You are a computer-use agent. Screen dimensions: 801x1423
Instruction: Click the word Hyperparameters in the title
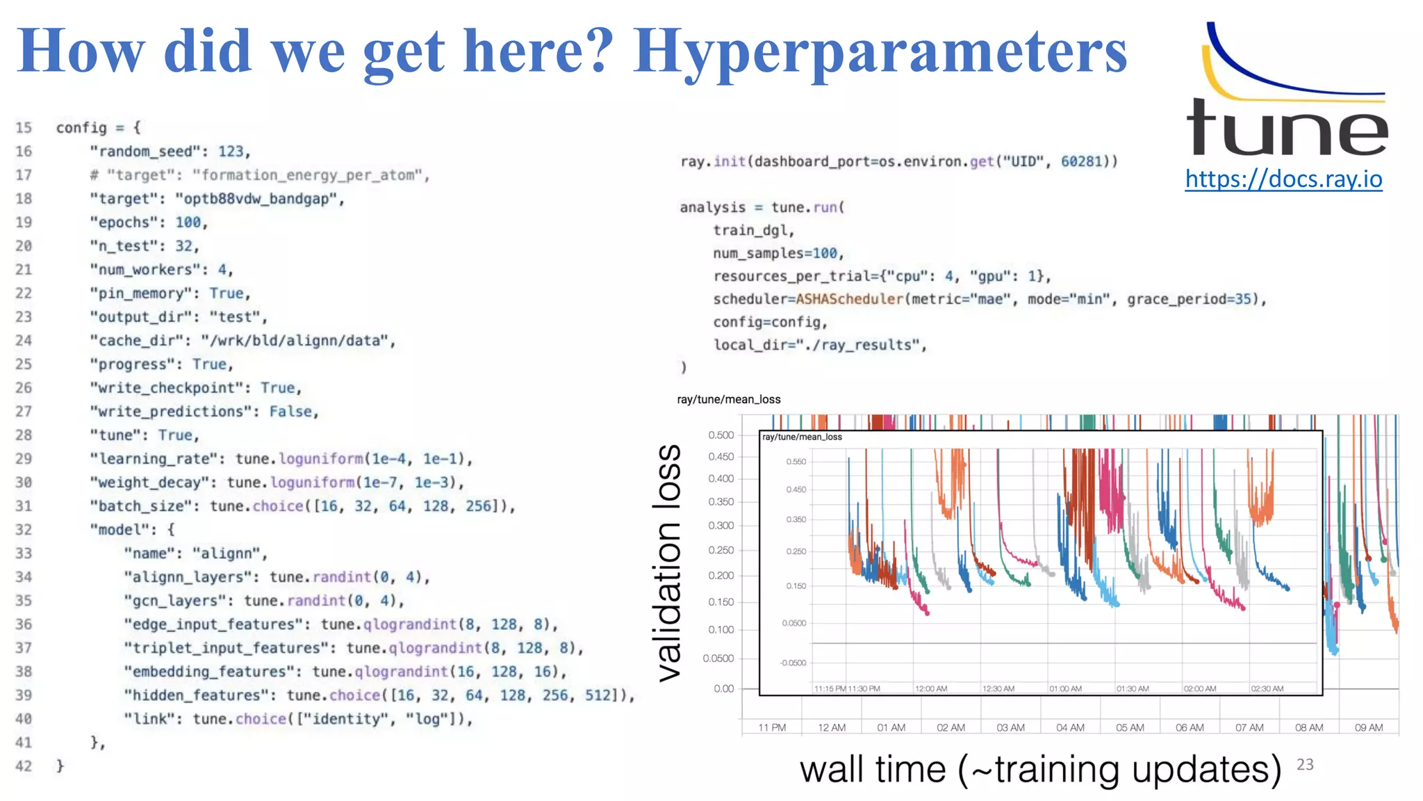point(880,53)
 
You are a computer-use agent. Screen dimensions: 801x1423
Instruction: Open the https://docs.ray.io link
point(1283,179)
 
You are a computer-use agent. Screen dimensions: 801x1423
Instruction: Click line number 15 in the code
point(24,128)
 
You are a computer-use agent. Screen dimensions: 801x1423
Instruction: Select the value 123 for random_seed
point(231,152)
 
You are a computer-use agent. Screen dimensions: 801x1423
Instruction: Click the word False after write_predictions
point(290,412)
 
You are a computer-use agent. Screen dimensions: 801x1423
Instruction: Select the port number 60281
point(1081,161)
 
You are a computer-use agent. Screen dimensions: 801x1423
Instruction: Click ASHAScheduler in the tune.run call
point(848,299)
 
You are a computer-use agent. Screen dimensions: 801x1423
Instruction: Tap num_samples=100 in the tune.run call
point(778,253)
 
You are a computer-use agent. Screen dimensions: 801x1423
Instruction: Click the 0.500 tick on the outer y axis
point(721,435)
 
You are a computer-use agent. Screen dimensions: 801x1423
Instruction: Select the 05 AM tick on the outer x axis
point(1130,727)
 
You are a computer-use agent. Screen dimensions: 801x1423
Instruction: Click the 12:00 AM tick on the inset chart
point(931,688)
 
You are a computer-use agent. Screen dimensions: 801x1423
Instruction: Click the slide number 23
point(1305,765)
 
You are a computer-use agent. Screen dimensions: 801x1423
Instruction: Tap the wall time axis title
point(1040,770)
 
